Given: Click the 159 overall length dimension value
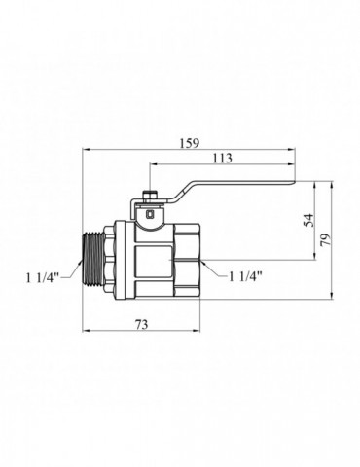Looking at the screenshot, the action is (190, 143).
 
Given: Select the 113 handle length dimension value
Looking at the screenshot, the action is (222, 158).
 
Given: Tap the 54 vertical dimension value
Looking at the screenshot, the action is (309, 220).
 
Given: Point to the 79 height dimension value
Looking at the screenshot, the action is (326, 239).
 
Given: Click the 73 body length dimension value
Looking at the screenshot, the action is (141, 324).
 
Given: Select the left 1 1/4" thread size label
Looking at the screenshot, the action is (43, 277).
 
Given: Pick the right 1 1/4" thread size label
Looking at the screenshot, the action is (245, 276).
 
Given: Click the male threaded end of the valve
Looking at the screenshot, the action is (92, 261).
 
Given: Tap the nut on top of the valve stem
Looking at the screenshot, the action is (150, 197).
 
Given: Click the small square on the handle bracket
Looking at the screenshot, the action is (151, 214).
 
